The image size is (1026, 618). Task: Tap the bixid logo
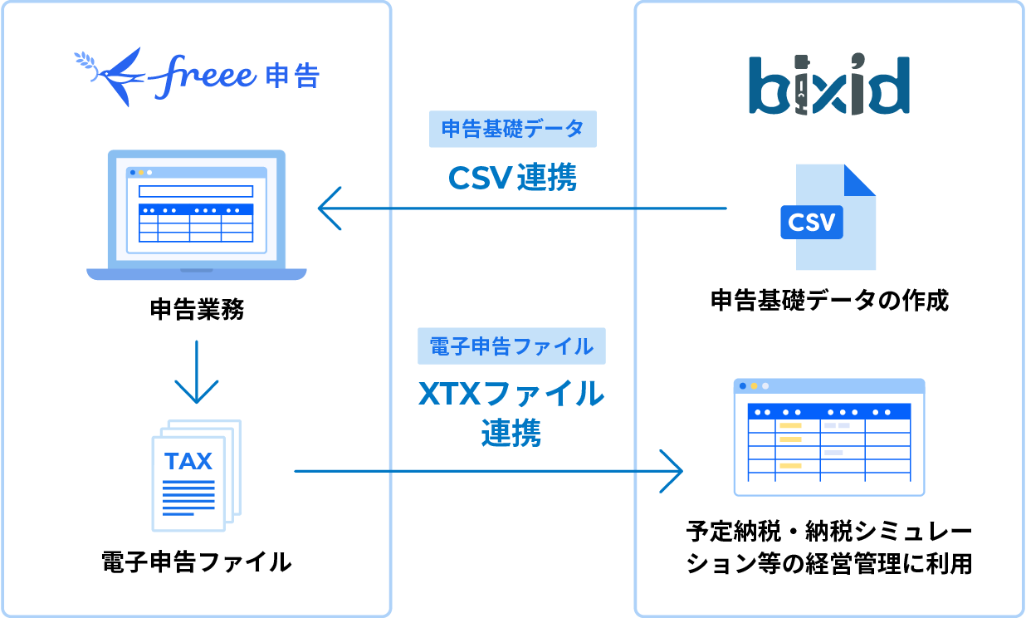click(x=828, y=85)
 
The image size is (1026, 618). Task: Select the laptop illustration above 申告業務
click(x=197, y=215)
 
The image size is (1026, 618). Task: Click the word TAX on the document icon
click(x=188, y=461)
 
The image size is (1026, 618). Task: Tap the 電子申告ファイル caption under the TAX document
click(x=196, y=562)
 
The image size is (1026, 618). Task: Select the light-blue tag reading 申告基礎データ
click(x=513, y=130)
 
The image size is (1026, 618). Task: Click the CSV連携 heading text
click(x=512, y=177)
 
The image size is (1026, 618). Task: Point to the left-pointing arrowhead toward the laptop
click(x=329, y=208)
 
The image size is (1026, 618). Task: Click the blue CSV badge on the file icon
click(x=812, y=222)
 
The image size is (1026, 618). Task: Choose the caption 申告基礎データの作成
click(x=829, y=300)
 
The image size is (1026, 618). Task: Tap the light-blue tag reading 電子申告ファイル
click(x=511, y=346)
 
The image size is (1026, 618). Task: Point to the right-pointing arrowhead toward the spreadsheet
click(x=672, y=471)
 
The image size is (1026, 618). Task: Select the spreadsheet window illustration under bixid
click(x=829, y=437)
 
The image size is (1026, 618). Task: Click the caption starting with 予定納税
click(x=829, y=547)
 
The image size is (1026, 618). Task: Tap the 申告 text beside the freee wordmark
click(x=293, y=76)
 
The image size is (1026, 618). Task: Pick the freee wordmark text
click(x=204, y=75)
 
